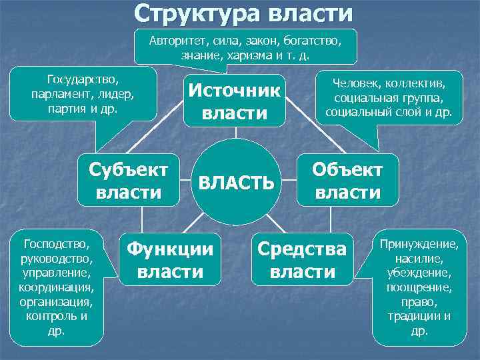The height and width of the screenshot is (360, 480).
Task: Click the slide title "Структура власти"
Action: [x=243, y=13]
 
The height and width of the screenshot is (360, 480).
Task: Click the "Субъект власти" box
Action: [x=129, y=179]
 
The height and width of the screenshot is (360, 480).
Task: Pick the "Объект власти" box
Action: [x=347, y=179]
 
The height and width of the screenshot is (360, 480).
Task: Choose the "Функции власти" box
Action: [x=171, y=260]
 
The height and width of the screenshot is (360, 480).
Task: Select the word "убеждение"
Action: [x=419, y=272]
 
